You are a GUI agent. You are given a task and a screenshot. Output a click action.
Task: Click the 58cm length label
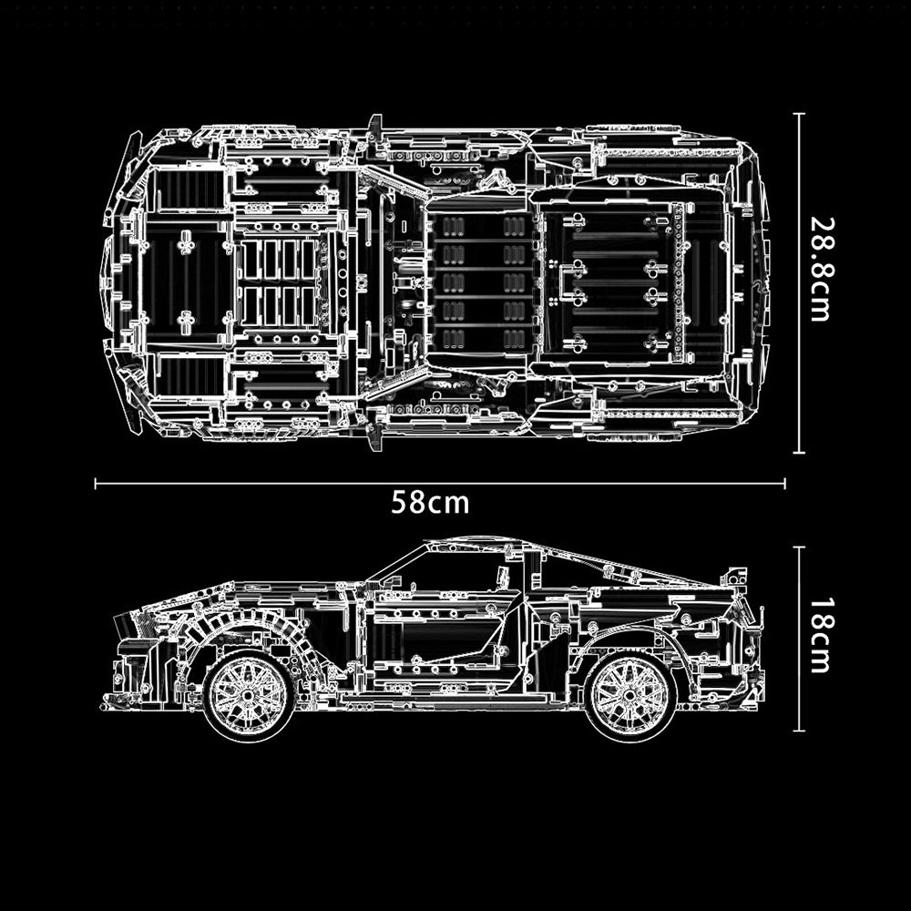tap(430, 502)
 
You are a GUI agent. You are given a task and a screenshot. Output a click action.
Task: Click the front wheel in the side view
tap(248, 694)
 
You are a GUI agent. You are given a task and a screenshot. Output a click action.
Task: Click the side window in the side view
tap(446, 572)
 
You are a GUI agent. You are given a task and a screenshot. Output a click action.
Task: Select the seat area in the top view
tap(478, 282)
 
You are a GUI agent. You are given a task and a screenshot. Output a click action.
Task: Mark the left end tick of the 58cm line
tap(97, 485)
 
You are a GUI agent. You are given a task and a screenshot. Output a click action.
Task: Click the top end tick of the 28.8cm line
tap(799, 114)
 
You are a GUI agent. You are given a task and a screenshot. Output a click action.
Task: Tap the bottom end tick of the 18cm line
tap(799, 730)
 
